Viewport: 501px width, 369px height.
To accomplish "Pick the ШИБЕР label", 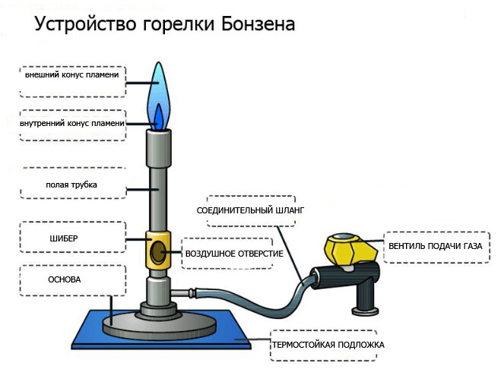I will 63,238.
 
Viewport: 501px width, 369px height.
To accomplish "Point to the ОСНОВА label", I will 64,279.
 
